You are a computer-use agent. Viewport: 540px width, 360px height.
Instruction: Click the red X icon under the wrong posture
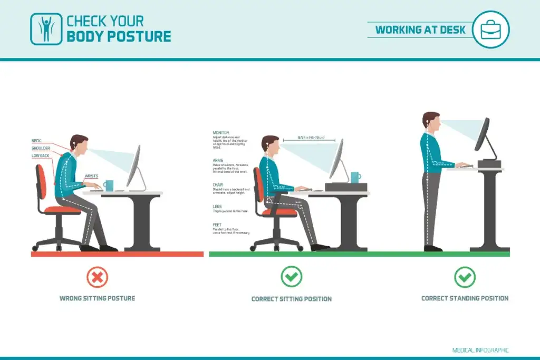point(97,277)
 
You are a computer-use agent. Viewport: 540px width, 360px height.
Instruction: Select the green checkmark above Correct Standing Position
point(465,277)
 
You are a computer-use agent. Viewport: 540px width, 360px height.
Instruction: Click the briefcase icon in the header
point(490,30)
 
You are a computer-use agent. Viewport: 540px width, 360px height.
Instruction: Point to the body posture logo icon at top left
point(46,28)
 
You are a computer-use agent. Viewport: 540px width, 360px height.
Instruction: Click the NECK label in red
point(36,141)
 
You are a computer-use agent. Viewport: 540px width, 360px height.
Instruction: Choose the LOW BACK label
point(40,155)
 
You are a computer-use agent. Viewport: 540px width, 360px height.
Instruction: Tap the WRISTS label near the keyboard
point(91,176)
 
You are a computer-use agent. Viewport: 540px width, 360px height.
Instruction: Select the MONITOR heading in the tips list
point(221,132)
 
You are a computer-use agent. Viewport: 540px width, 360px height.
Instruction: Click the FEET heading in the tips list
point(217,225)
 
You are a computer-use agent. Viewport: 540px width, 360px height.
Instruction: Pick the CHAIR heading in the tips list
point(218,184)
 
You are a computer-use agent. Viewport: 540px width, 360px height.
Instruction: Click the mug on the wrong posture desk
point(108,186)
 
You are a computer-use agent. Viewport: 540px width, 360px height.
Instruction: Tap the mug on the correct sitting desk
point(355,178)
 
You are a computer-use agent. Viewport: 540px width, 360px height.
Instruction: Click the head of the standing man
point(432,123)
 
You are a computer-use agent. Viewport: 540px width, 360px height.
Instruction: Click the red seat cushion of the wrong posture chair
point(62,209)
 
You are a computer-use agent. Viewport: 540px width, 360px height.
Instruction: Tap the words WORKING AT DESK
point(420,30)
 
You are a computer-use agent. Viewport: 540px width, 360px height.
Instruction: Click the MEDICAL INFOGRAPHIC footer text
point(480,350)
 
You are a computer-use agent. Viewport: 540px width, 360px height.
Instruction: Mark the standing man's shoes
point(433,248)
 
